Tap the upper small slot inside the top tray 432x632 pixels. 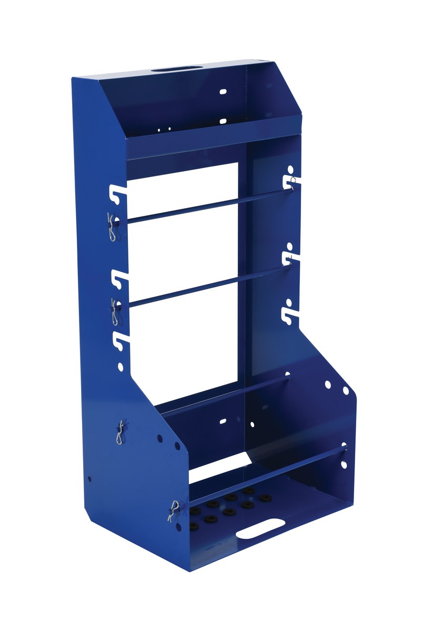[x=223, y=92]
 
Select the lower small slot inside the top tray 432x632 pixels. [x=223, y=121]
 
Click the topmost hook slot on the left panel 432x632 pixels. [x=119, y=194]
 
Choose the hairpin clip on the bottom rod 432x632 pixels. [x=174, y=510]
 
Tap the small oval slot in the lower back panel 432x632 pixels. [x=223, y=421]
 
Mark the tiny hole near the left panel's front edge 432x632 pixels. [x=89, y=479]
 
